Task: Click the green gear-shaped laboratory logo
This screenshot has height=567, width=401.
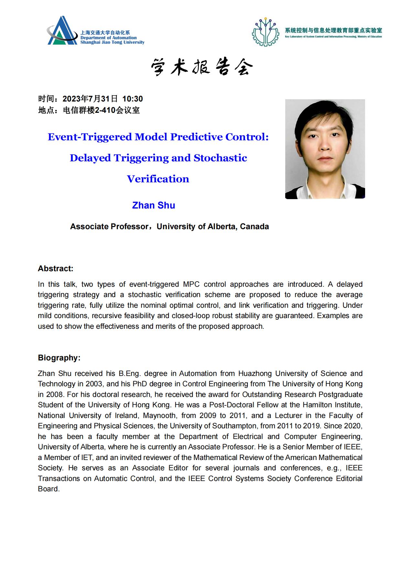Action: [x=266, y=32]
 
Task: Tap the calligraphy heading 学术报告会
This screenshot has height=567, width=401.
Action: [x=201, y=67]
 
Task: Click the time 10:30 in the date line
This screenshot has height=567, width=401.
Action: [x=133, y=99]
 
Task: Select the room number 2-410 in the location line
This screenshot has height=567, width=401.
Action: [x=105, y=110]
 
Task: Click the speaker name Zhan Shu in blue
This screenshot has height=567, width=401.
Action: [x=154, y=205]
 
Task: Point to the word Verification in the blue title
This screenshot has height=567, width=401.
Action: [x=158, y=179]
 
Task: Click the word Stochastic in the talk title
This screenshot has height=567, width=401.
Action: [x=220, y=158]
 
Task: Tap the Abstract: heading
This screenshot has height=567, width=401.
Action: [x=56, y=269]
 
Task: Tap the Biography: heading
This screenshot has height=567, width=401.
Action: [x=59, y=358]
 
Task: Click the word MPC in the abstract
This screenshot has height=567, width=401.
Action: [x=191, y=284]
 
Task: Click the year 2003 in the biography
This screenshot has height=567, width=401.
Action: [x=94, y=384]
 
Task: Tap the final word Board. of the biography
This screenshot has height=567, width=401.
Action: [x=49, y=489]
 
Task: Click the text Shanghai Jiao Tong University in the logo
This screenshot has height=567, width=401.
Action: [x=112, y=42]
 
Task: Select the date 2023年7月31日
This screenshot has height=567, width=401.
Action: [x=90, y=99]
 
